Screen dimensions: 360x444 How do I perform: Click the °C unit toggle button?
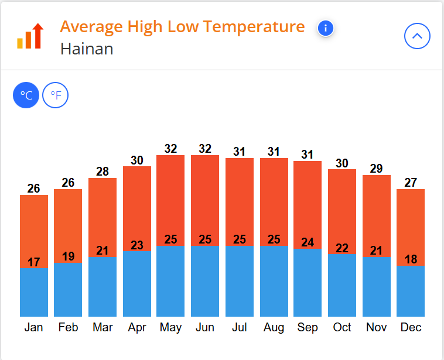26,95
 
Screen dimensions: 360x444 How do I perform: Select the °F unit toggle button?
56,95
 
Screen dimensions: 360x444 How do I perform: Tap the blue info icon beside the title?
326,28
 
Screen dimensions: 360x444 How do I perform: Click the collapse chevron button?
417,36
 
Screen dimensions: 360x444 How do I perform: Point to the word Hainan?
87,49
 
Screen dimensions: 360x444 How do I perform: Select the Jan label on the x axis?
33,327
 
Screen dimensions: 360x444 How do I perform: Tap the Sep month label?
308,327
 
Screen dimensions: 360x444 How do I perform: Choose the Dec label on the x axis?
411,327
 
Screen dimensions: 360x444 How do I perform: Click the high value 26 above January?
33,188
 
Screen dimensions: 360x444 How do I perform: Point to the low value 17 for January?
33,262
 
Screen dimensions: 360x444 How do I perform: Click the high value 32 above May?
170,149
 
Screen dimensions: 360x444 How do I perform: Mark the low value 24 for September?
308,242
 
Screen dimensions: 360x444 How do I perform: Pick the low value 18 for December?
411,259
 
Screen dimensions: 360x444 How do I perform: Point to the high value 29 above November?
376,169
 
